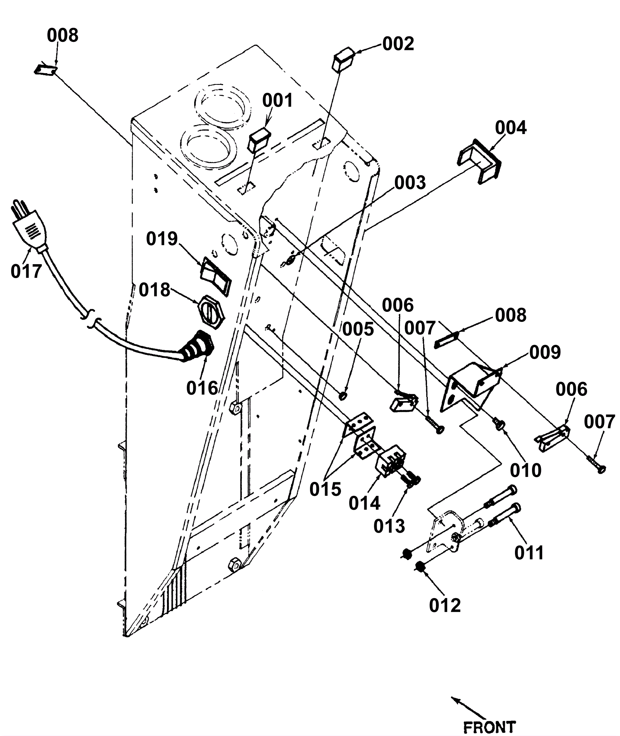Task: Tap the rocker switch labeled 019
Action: [216, 276]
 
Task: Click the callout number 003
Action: [410, 182]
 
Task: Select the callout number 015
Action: [325, 489]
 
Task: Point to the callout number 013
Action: [389, 526]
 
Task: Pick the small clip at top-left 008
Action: [46, 70]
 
